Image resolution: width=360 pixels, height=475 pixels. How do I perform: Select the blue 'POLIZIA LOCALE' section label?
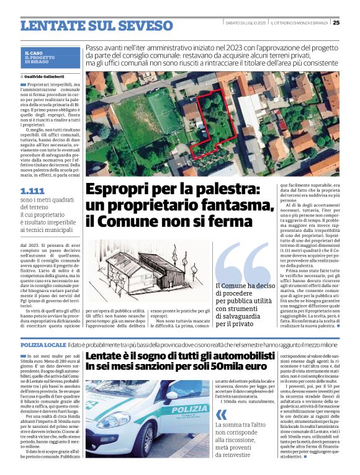pyautogui.click(x=43, y=344)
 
